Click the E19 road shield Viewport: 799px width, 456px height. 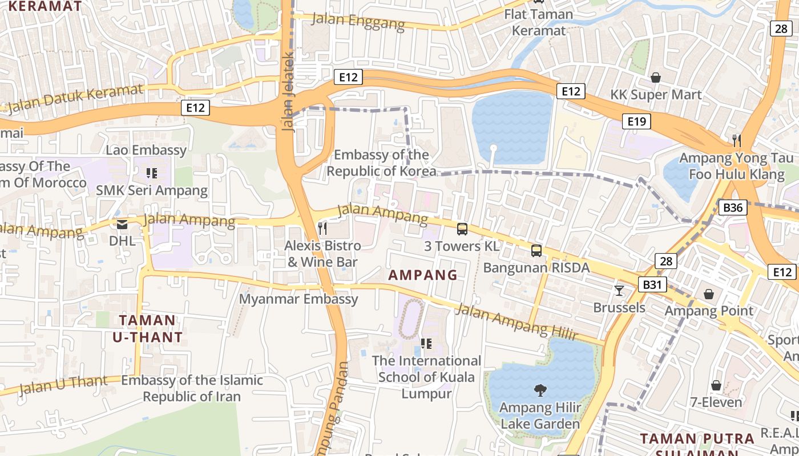[x=636, y=121]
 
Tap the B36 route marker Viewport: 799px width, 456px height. [x=732, y=207]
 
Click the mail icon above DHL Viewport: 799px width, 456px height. [x=122, y=225]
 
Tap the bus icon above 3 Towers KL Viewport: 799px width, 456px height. [x=462, y=229]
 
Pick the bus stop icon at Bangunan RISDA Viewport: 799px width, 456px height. [x=536, y=250]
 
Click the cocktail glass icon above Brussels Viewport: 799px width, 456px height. [x=619, y=291]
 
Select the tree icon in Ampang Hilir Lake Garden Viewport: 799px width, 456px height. [x=540, y=390]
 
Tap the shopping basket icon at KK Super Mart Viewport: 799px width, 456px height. [x=656, y=78]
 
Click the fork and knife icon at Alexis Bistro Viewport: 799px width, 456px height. [x=323, y=229]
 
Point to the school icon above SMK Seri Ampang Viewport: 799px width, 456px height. [x=151, y=173]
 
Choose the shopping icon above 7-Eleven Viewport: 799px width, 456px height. [x=716, y=385]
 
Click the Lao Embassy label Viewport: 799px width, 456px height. [x=146, y=150]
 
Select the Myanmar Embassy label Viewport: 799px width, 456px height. [x=298, y=299]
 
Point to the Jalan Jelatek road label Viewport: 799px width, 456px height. [x=288, y=91]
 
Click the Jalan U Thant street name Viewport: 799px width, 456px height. [x=63, y=385]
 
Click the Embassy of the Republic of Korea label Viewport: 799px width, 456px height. [x=381, y=163]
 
